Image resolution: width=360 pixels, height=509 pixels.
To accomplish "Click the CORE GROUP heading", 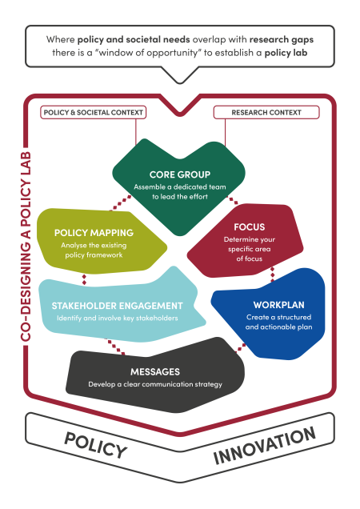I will pyautogui.click(x=179, y=174).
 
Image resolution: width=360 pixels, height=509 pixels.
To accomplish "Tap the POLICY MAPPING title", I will pyautogui.click(x=94, y=233).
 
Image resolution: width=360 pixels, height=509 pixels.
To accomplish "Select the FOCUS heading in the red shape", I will pyautogui.click(x=250, y=226).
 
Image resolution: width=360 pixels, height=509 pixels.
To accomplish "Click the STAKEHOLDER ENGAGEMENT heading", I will pyautogui.click(x=118, y=305).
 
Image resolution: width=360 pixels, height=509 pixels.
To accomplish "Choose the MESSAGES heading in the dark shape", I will pyautogui.click(x=154, y=371).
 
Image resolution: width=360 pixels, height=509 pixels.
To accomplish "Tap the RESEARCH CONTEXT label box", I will pyautogui.click(x=266, y=112).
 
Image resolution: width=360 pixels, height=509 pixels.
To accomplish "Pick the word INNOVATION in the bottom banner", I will pyautogui.click(x=264, y=446).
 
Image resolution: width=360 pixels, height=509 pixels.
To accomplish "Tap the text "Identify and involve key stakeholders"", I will pyautogui.click(x=118, y=319).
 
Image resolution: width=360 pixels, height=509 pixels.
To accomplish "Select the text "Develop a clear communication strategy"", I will pyautogui.click(x=154, y=385).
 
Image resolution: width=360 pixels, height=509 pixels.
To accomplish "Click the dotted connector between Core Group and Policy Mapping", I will pyautogui.click(x=122, y=201).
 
